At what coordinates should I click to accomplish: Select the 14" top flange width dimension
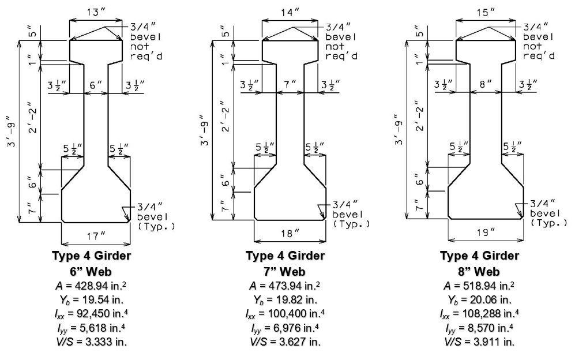[x=290, y=13]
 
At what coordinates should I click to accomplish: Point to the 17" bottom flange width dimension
[x=96, y=235]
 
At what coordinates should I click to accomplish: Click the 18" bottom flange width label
[x=290, y=234]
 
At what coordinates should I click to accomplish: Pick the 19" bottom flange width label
[x=486, y=232]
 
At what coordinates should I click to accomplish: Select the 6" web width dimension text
[x=96, y=85]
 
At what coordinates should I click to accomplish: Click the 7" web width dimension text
[x=290, y=84]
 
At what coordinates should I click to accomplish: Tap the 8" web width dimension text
[x=486, y=84]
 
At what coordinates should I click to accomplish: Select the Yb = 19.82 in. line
[x=285, y=300]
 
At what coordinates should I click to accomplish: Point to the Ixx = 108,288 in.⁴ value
[x=479, y=314]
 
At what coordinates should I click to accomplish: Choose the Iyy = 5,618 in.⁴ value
[x=91, y=328]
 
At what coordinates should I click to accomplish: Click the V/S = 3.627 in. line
[x=285, y=342]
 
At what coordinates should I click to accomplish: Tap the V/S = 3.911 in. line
[x=479, y=342]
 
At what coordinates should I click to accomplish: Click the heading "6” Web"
[x=91, y=272]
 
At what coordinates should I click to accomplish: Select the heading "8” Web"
[x=479, y=272]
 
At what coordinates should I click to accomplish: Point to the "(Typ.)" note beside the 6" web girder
[x=156, y=226]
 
